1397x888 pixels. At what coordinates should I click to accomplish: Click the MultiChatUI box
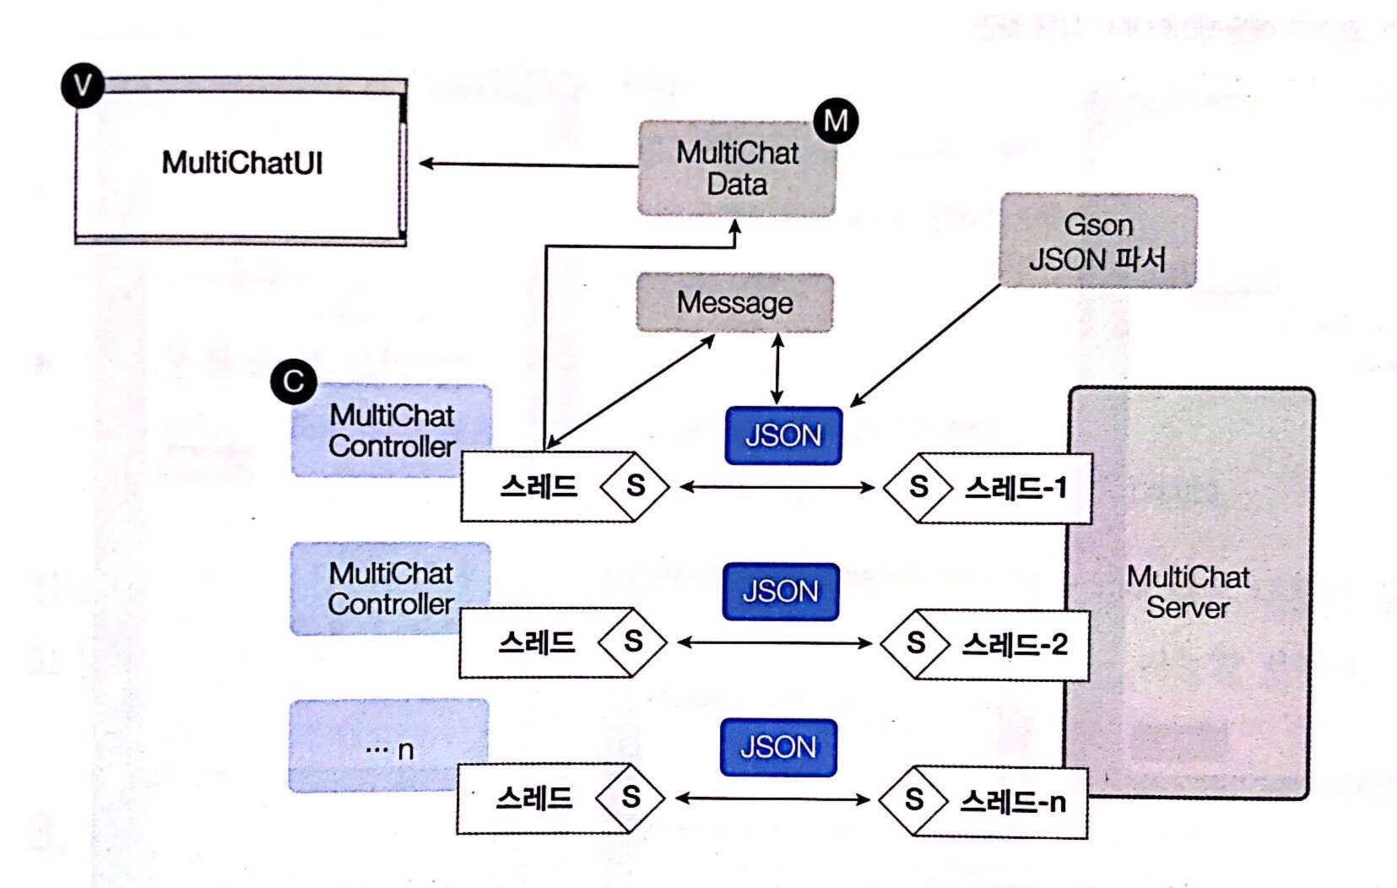click(241, 162)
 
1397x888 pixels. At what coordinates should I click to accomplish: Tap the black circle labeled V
click(83, 85)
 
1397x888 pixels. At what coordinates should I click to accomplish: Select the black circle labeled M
click(836, 121)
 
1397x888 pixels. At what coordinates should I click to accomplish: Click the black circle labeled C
click(293, 382)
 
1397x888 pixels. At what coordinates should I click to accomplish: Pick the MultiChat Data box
click(736, 169)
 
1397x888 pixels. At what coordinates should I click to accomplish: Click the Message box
click(734, 302)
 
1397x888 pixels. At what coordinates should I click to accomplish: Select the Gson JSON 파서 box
click(1097, 241)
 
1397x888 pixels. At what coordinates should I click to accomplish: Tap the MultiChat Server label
click(1188, 592)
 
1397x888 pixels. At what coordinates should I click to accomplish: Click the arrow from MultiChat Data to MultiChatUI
click(528, 164)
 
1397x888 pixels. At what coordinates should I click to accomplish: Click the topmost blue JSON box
click(783, 436)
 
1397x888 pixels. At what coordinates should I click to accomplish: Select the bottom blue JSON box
click(778, 748)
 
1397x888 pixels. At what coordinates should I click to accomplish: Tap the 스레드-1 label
click(1016, 488)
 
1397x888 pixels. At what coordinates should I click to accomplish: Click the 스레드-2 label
click(1015, 645)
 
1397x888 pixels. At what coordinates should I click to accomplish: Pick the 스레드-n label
click(1013, 802)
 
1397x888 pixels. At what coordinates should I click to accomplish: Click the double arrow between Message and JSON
click(777, 368)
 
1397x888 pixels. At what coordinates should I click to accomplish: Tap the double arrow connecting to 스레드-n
click(772, 799)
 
